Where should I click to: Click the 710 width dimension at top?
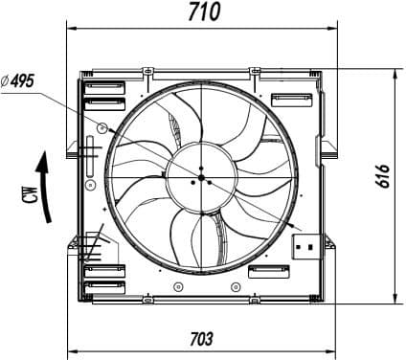pos(203,11)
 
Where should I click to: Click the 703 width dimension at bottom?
pos(201,339)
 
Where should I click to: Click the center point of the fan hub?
pos(200,179)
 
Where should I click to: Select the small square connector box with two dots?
pos(305,246)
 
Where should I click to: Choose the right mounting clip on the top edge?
pos(256,71)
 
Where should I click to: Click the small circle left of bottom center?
pos(175,287)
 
